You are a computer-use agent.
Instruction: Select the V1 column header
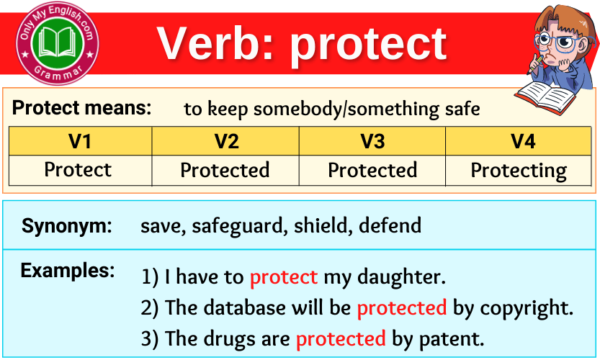tap(80, 141)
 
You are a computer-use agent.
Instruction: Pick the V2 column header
tap(226, 141)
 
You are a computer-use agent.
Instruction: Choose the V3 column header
tap(372, 141)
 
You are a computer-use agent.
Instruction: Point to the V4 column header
tap(522, 141)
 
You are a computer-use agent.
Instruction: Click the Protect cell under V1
tap(78, 170)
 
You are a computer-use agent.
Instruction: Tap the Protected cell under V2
tap(225, 171)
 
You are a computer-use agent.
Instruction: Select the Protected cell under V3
tap(372, 171)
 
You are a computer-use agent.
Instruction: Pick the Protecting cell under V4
tap(519, 171)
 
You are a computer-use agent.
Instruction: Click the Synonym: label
tap(67, 226)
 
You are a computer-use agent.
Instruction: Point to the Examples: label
tap(68, 271)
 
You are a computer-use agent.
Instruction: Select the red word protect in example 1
tap(283, 277)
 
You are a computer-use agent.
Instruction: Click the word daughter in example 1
tap(404, 277)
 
